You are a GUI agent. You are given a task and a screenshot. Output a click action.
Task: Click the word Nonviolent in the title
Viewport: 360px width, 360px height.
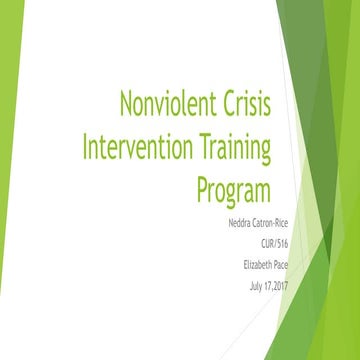click(168, 104)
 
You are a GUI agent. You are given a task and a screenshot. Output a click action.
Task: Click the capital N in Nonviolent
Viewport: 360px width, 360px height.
click(127, 104)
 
